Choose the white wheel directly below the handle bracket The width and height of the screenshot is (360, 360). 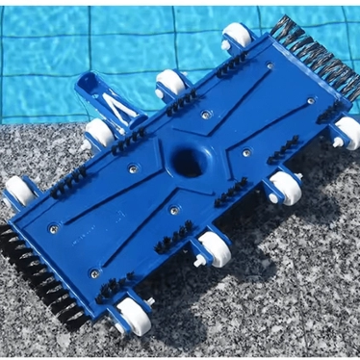[x=99, y=132]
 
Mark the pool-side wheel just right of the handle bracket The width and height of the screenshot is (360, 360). [x=172, y=82]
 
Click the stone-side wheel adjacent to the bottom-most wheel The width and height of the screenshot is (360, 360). [x=214, y=247]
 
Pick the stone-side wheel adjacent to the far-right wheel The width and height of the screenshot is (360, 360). [x=284, y=187]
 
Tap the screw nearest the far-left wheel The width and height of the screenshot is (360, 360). [x=53, y=228]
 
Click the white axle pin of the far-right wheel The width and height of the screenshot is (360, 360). [x=338, y=142]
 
